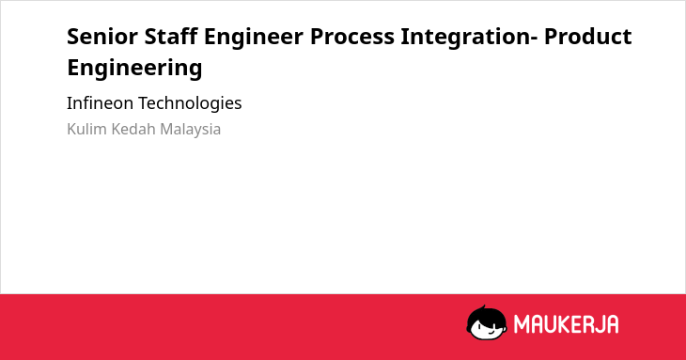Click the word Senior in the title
102,37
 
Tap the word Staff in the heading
171,36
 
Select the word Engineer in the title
254,38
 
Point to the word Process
352,37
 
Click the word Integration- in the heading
469,38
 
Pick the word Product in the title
587,37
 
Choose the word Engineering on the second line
134,69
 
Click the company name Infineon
100,103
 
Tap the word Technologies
191,104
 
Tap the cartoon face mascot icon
487,322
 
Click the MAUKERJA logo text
566,324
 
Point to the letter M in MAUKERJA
521,324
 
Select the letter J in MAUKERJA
599,324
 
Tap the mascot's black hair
486,314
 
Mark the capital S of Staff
150,37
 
